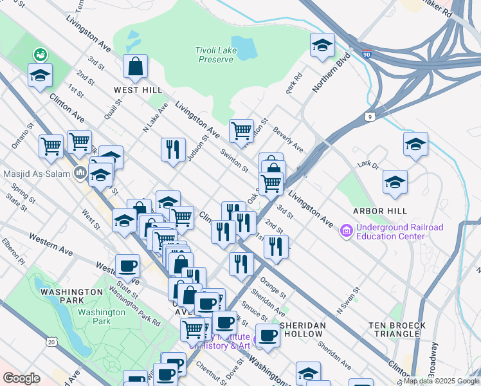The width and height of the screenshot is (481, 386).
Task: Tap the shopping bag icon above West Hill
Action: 136,66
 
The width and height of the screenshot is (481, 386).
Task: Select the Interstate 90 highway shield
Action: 367,56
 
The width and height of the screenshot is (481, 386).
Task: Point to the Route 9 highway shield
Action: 368,116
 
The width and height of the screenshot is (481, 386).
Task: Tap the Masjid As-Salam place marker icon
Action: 80,172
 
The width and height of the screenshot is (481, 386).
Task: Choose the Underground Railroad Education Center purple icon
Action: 347,230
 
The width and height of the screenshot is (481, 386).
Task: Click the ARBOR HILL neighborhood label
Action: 379,211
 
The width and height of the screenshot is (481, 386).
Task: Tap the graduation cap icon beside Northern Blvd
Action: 322,46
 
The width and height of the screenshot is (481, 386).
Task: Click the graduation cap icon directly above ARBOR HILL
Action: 395,182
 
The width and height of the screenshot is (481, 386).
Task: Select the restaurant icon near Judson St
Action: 173,150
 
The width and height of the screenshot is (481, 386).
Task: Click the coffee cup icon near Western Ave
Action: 127,266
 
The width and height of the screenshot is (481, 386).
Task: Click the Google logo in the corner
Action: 21,378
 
